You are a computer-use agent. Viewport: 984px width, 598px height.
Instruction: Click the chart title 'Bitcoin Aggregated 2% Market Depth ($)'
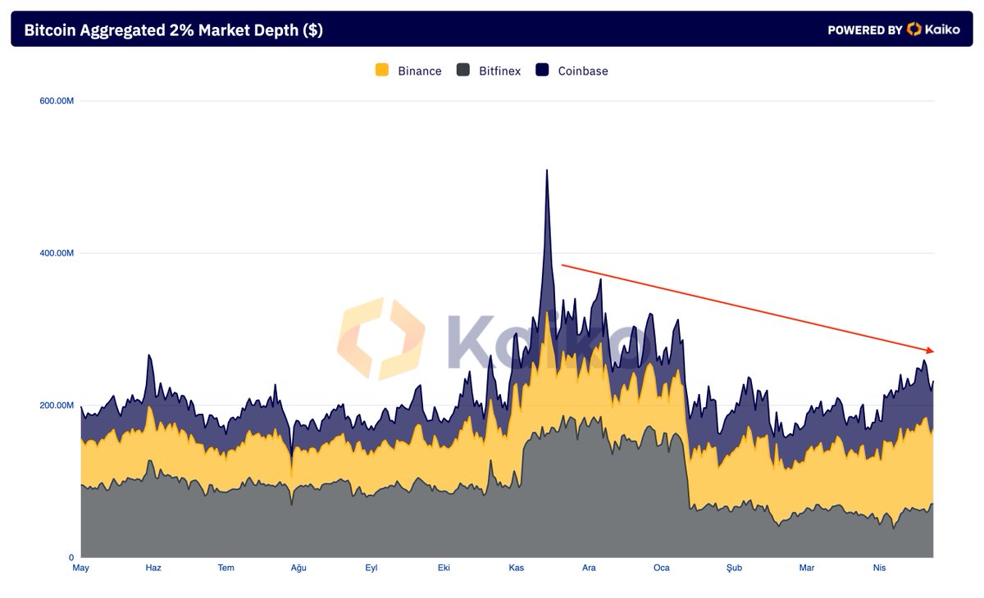(173, 30)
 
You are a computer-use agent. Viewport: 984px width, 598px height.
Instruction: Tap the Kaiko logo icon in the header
(914, 29)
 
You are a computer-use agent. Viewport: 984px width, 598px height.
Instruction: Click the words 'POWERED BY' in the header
(864, 30)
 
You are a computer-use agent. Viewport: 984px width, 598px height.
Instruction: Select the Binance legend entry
(408, 70)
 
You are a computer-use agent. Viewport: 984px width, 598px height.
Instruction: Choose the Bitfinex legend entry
(489, 70)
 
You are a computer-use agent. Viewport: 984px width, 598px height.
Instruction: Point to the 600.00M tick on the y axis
(57, 101)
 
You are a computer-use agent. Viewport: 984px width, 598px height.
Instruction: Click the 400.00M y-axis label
(57, 253)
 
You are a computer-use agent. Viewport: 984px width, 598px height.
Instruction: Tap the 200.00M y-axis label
(57, 405)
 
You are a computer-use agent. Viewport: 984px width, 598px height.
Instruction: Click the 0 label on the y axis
(71, 557)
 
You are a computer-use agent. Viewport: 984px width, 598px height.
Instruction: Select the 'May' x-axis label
(80, 568)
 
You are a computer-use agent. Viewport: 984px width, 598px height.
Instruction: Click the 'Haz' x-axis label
(153, 568)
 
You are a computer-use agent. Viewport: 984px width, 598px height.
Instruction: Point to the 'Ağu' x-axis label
(298, 568)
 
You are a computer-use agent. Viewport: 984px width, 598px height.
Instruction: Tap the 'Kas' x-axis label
(517, 568)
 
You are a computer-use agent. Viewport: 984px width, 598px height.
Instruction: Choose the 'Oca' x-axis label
(662, 568)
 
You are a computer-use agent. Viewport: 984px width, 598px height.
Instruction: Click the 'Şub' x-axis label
(734, 568)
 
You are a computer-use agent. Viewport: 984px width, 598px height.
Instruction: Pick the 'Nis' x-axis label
(879, 568)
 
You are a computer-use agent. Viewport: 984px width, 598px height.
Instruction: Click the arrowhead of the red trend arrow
(930, 351)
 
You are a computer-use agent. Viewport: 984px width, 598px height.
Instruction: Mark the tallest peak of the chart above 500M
(547, 171)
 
